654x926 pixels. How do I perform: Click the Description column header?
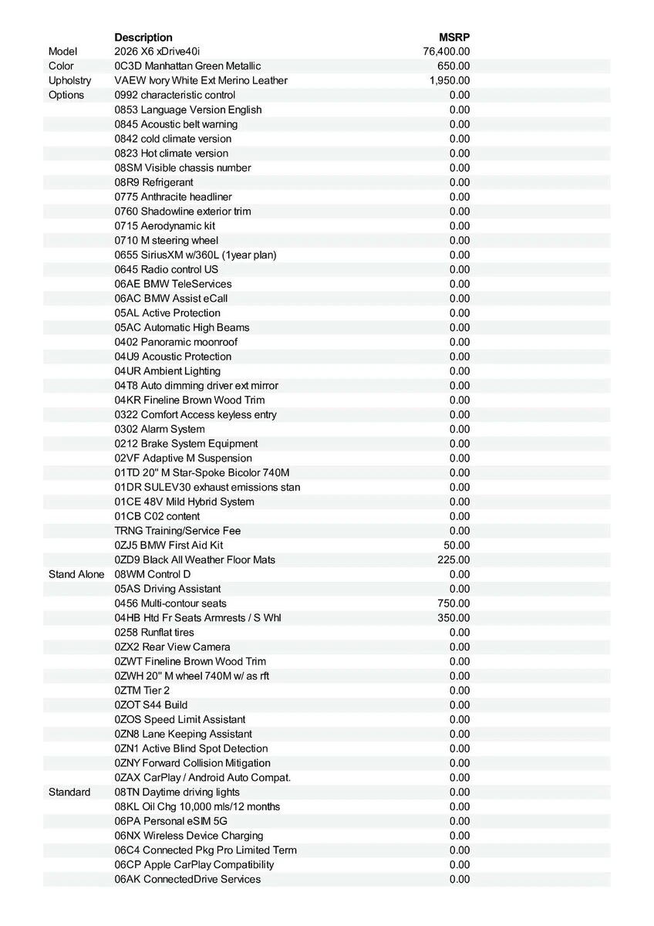tap(143, 37)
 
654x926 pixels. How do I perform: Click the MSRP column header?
tap(454, 37)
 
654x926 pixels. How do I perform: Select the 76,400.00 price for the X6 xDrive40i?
tap(447, 52)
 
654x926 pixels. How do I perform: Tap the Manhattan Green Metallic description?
tap(187, 66)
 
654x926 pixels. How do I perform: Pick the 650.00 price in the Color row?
tap(453, 66)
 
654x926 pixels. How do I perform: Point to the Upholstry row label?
tap(69, 80)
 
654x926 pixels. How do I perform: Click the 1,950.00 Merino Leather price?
tap(450, 80)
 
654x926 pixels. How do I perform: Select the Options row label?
tap(66, 95)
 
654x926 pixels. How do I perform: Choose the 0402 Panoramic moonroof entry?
tap(176, 342)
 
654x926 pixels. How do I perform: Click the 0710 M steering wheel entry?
tap(167, 240)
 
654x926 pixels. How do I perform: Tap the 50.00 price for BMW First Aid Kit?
tap(457, 545)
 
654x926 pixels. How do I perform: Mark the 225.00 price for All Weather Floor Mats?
tap(453, 559)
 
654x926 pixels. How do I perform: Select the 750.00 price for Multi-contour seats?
tap(453, 603)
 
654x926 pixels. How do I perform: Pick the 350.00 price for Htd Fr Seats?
tap(453, 618)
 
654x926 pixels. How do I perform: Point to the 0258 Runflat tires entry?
tap(154, 632)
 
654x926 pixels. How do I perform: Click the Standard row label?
tap(69, 792)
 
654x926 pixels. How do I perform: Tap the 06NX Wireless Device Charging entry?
tap(189, 836)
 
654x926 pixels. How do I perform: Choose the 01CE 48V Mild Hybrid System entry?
tap(184, 502)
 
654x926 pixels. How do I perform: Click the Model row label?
tap(63, 52)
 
